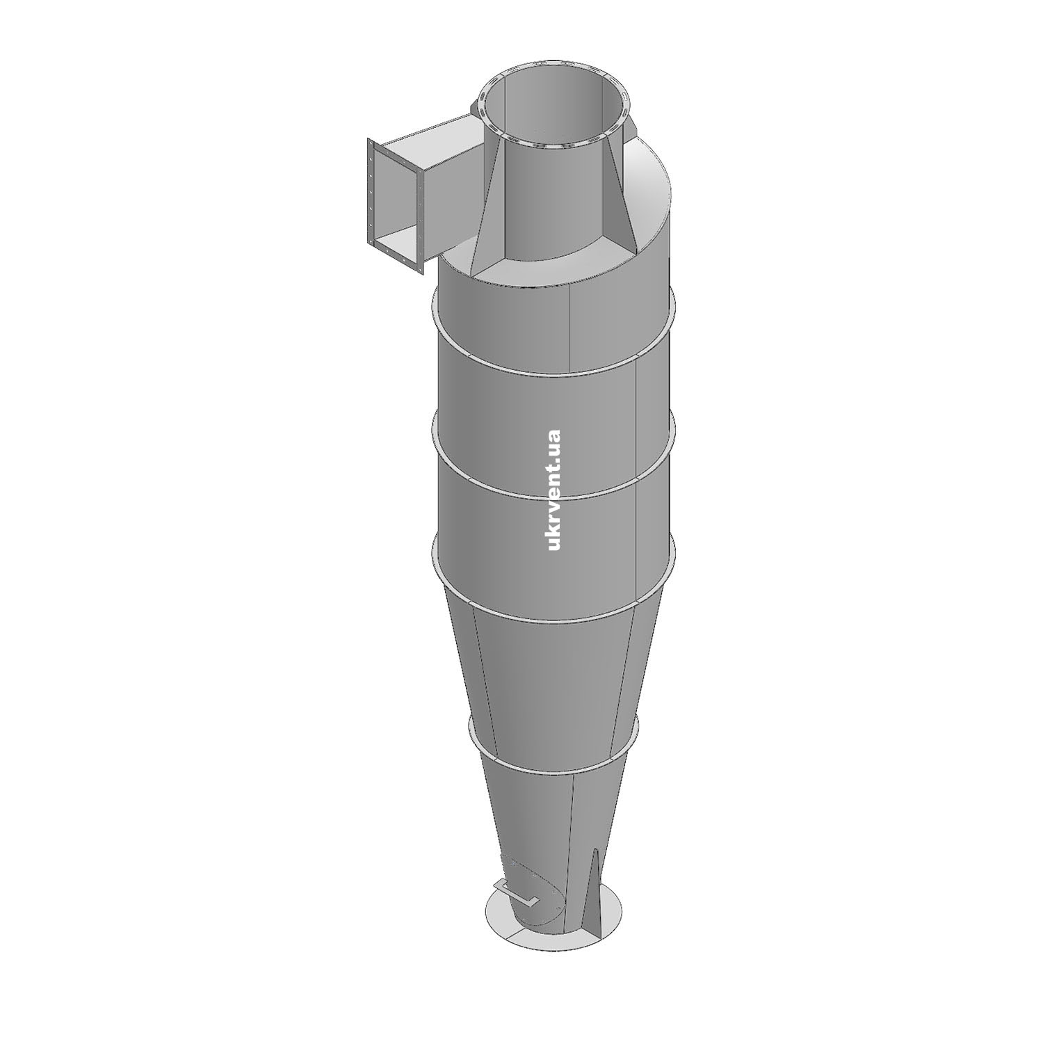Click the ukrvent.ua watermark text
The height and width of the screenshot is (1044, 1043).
(x=554, y=490)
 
